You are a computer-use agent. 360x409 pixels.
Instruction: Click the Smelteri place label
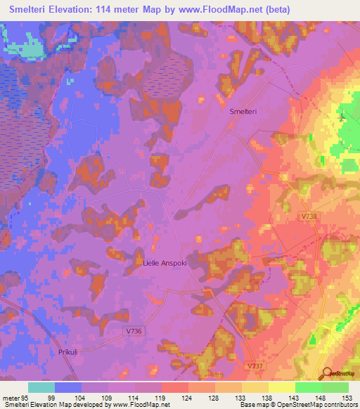tap(243, 112)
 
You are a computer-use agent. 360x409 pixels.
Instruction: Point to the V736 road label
tap(134, 330)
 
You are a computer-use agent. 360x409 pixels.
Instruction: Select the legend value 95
tap(25, 397)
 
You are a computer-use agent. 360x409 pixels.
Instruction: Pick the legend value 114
tap(133, 397)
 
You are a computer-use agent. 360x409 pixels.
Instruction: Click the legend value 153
tap(347, 397)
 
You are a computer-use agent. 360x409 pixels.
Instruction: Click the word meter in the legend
tap(10, 397)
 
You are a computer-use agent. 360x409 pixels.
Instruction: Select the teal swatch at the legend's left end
tap(41, 387)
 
